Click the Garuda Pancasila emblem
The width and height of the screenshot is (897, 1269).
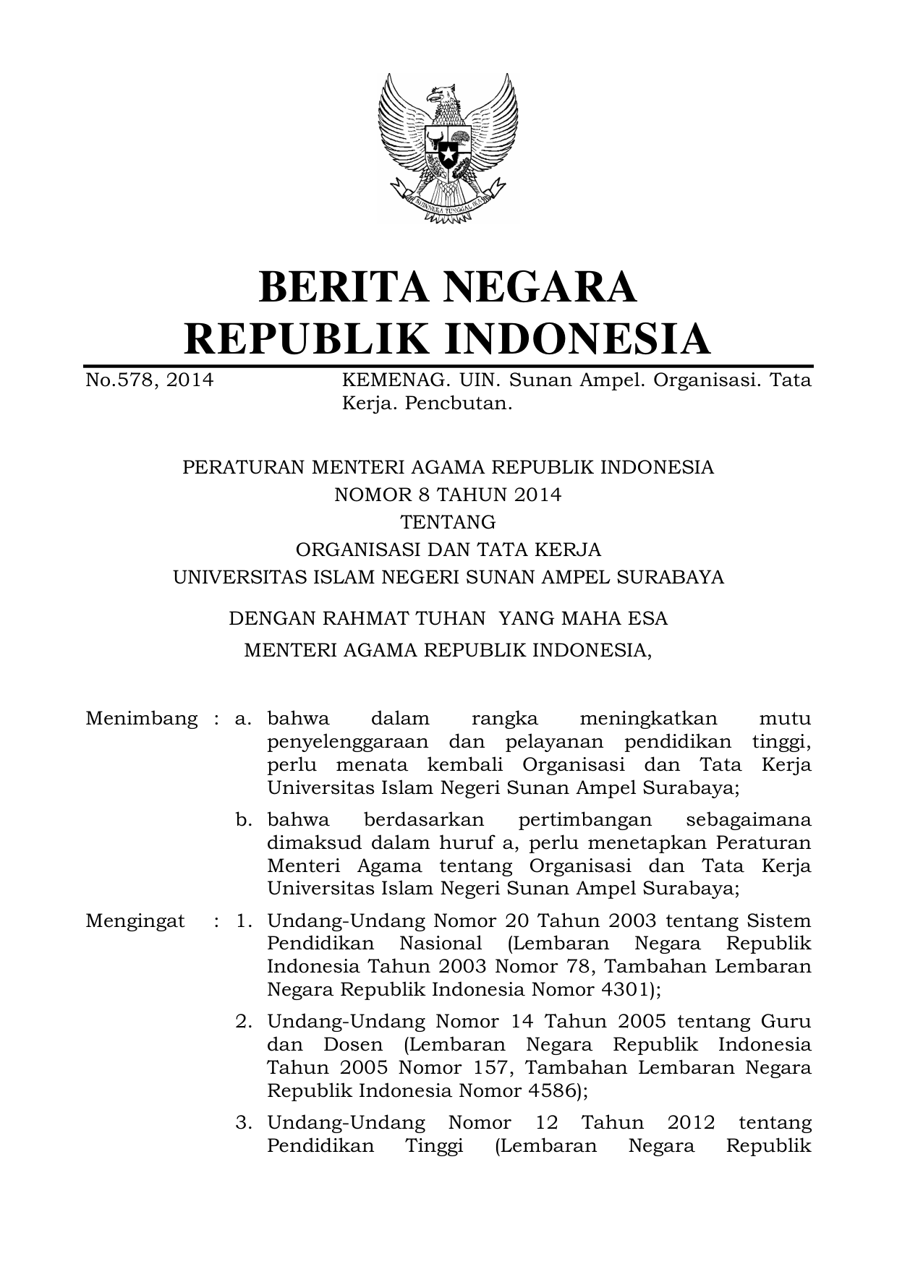448,148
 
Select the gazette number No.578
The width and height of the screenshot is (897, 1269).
119,380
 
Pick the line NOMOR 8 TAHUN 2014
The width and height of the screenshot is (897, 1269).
448,495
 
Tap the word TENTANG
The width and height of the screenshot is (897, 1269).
448,522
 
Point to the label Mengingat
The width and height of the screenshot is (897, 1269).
135,921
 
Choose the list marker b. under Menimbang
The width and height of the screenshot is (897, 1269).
244,820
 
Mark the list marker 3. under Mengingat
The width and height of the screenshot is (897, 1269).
244,1123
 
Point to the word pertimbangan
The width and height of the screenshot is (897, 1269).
584,820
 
